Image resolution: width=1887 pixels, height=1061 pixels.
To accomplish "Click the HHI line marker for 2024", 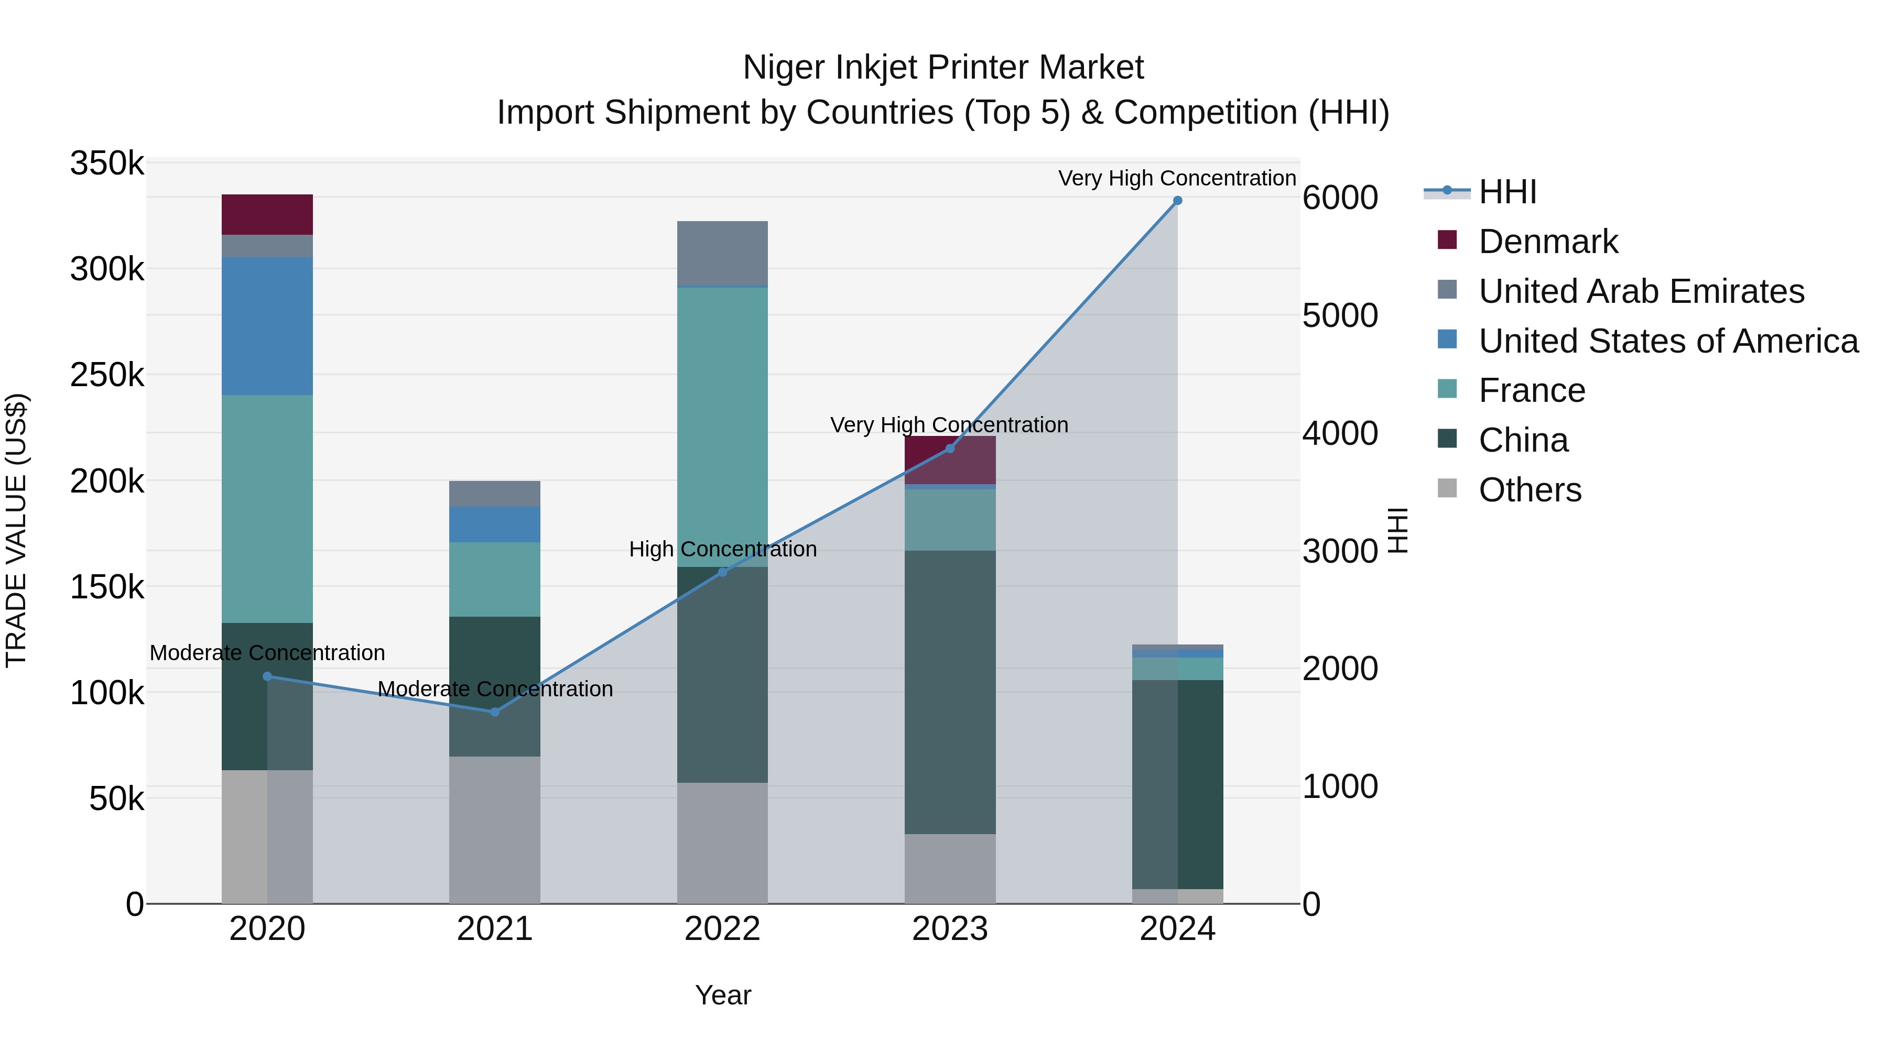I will (x=1177, y=201).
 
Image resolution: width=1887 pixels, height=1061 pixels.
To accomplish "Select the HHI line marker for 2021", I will (x=494, y=712).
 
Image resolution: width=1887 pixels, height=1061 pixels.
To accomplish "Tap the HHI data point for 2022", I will (x=722, y=572).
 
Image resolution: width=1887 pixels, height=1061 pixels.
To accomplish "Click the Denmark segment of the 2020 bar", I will (x=267, y=214).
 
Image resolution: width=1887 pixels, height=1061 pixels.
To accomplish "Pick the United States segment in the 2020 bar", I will (x=267, y=326).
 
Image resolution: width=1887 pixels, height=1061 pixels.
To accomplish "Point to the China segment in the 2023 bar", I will (x=950, y=692).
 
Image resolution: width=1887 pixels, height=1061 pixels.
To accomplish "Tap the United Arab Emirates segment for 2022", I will (x=722, y=253).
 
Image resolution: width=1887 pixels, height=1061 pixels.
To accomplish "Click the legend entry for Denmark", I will (x=1548, y=242).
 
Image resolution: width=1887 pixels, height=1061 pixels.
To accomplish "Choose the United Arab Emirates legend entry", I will (x=1641, y=291).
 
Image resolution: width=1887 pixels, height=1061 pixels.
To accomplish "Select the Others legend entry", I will (x=1530, y=490).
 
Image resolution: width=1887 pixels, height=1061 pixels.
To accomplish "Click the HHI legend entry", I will (x=1507, y=192).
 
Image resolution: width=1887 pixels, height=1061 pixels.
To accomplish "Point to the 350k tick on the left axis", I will (x=107, y=163).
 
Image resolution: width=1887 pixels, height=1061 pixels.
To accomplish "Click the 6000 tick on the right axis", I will (x=1340, y=198).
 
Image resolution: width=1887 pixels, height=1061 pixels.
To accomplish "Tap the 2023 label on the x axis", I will (x=950, y=929).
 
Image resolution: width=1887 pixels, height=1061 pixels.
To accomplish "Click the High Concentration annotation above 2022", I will (x=722, y=549).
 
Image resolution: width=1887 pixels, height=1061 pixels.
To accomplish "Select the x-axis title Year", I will (x=723, y=995).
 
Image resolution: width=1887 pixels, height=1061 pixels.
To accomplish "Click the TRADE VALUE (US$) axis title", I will (x=16, y=530).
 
